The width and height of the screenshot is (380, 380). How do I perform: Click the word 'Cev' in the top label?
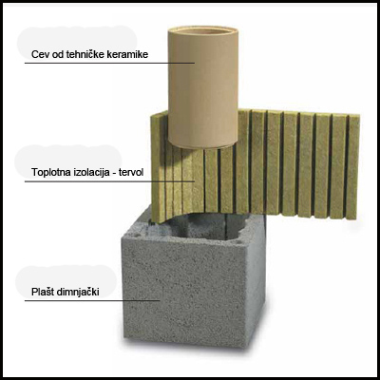[x=38, y=54]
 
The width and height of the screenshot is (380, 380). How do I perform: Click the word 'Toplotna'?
[x=49, y=172]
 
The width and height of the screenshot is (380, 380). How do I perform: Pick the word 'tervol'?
[x=131, y=172]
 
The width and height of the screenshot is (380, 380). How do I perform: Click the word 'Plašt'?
[x=43, y=292]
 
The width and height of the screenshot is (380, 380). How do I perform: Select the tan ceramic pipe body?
[x=202, y=88]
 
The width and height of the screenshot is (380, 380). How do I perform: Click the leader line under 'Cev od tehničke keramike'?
[x=109, y=63]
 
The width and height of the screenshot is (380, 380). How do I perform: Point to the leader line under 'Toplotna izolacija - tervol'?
[x=109, y=181]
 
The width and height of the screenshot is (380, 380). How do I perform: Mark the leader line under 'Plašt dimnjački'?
[x=92, y=300]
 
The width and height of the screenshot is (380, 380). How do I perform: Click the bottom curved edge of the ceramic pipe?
[x=202, y=145]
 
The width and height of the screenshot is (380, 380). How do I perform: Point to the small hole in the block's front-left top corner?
[x=136, y=235]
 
